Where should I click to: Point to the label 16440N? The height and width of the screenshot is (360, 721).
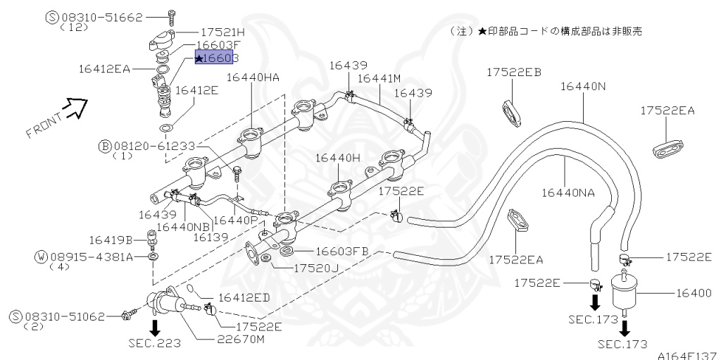(583, 87)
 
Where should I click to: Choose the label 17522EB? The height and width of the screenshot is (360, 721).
(513, 72)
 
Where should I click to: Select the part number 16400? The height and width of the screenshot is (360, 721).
(696, 292)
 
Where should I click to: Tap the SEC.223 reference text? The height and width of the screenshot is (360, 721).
(154, 343)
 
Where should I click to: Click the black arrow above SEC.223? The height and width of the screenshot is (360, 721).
(155, 326)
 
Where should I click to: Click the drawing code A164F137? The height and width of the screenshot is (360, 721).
(687, 355)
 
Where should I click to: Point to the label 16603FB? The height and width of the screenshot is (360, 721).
(341, 251)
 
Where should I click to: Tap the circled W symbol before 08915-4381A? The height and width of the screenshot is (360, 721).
(42, 256)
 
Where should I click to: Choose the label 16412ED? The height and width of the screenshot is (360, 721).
(244, 298)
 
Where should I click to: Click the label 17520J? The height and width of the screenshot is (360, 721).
(317, 268)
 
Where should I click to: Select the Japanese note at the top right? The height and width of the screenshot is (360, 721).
(546, 32)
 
